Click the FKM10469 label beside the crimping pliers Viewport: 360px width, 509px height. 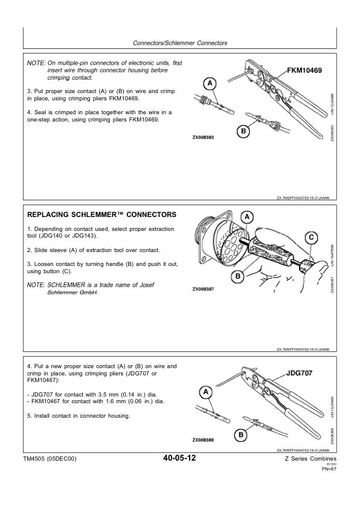pyautogui.click(x=304, y=70)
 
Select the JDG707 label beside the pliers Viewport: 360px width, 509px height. pyautogui.click(x=300, y=373)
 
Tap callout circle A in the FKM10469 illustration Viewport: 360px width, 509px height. pyautogui.click(x=210, y=83)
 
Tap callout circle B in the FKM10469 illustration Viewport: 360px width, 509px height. pyautogui.click(x=243, y=131)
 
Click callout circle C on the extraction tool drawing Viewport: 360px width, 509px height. pyautogui.click(x=311, y=238)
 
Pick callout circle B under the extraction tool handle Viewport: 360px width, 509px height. pyautogui.click(x=238, y=276)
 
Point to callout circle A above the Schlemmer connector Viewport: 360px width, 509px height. pyautogui.click(x=247, y=217)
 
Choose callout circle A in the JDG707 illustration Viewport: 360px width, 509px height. pyautogui.click(x=205, y=392)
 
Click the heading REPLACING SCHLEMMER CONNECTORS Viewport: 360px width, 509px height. pyautogui.click(x=102, y=215)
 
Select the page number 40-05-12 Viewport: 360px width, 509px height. pyautogui.click(x=179, y=458)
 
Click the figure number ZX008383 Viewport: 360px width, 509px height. pyautogui.click(x=203, y=137)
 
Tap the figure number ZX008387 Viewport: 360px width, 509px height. pyautogui.click(x=203, y=289)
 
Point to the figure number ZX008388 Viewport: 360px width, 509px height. pyautogui.click(x=203, y=440)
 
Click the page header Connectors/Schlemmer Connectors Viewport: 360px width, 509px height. pyautogui.click(x=180, y=43)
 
